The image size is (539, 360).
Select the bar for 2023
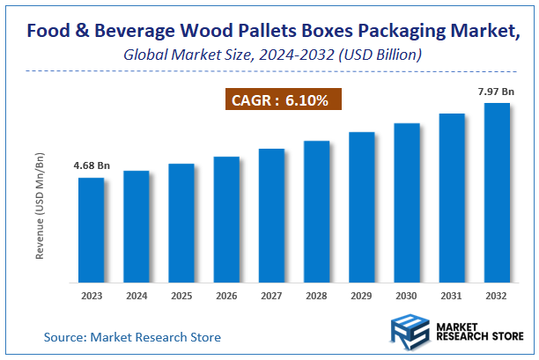pos(92,230)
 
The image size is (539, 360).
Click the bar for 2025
pos(181,223)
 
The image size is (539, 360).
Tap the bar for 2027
pos(271,216)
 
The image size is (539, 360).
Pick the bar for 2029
pos(361,207)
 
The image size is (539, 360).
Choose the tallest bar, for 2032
pos(497,193)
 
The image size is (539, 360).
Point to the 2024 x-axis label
pos(137,296)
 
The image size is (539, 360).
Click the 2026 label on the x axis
pos(226,296)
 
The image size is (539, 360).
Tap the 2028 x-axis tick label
pos(316,296)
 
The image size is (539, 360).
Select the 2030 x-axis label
pos(406,296)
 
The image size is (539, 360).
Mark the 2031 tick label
pos(452,296)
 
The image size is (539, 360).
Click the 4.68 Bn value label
pos(92,165)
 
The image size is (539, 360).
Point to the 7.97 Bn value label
pos(496,91)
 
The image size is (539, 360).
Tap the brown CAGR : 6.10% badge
pos(279,101)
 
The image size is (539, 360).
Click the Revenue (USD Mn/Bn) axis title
pos(40,204)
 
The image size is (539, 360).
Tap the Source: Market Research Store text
pos(132,336)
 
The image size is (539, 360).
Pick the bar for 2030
pos(406,202)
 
